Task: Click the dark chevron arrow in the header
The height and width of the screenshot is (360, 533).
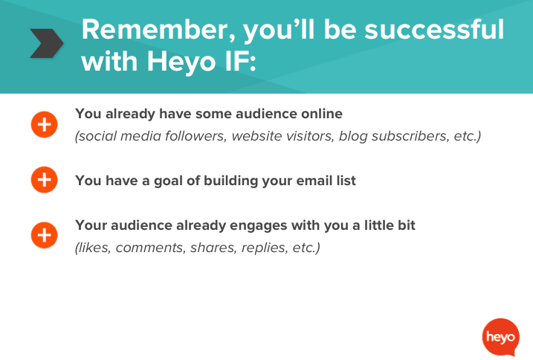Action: [x=45, y=44]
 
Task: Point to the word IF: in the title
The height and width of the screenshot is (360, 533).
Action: [x=237, y=61]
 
